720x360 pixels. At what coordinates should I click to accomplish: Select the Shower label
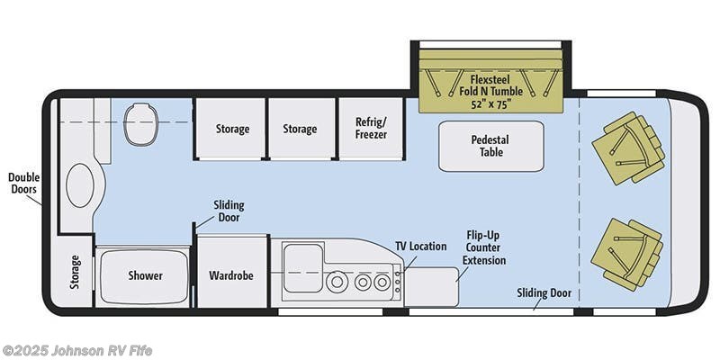pos(144,275)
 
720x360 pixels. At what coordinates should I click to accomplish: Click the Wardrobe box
pos(231,274)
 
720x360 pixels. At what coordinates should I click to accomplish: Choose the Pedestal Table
pos(490,146)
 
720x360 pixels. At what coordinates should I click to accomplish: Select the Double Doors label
pos(22,184)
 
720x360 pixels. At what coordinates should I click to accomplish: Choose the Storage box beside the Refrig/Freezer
pos(300,129)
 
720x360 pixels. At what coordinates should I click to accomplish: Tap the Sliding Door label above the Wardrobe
pos(229,211)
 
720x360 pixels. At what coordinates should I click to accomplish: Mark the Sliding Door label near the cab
pos(544,292)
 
